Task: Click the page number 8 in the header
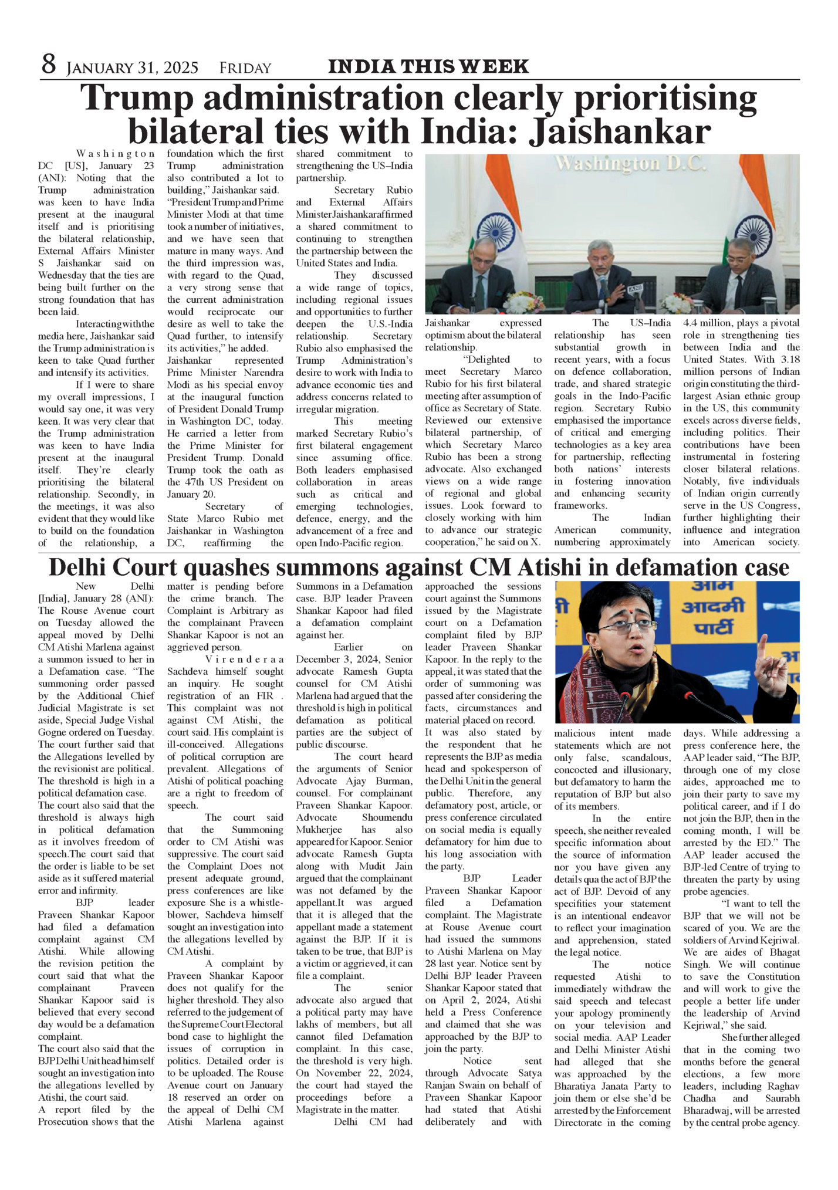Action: coord(48,65)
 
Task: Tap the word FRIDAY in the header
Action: coord(245,69)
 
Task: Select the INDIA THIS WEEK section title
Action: coord(428,67)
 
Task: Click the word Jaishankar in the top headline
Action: coord(620,132)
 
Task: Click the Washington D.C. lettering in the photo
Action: coord(631,164)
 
